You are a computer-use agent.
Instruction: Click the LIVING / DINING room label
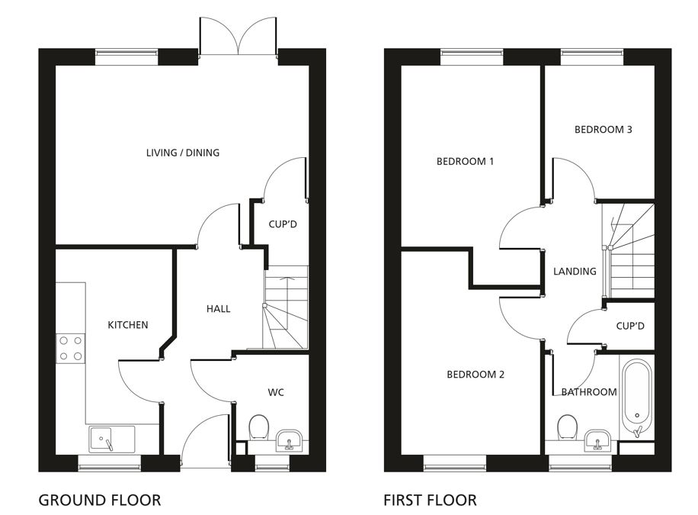coord(183,153)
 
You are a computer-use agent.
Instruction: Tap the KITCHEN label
coord(128,324)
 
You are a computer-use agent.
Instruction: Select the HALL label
coord(218,308)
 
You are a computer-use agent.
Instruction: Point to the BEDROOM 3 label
coord(604,129)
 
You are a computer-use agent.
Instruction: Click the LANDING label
coord(575,271)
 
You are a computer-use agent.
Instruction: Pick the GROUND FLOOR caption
coord(100,500)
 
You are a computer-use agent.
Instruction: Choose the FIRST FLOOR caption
coord(430,500)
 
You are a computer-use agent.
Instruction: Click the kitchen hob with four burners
coord(71,349)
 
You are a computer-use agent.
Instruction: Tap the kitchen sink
coord(112,439)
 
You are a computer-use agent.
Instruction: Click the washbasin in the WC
coord(289,440)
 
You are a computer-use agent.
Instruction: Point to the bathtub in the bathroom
coord(637,398)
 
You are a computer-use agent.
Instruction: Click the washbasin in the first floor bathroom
coord(597,440)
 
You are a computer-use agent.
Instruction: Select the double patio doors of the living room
coord(239,36)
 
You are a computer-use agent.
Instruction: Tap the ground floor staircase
coord(286,307)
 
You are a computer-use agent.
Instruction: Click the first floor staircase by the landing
coord(628,250)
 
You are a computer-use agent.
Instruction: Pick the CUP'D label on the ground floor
coord(283,224)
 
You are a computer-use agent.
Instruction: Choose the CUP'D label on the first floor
coord(630,326)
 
